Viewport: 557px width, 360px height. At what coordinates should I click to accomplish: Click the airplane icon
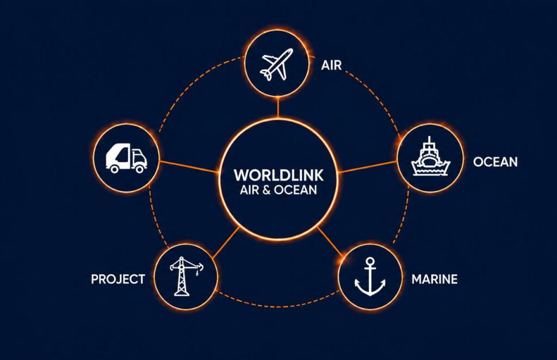[x=277, y=64]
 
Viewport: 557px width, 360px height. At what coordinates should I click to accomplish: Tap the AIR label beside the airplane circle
[x=331, y=65]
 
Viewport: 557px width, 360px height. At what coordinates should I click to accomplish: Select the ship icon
[x=431, y=157]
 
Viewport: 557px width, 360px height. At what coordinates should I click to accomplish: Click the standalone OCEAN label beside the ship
[x=495, y=162]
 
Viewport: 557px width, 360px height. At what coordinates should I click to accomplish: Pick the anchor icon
[x=370, y=277]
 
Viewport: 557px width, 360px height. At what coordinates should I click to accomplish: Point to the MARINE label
[x=435, y=280]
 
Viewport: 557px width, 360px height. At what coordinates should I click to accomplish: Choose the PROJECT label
[x=118, y=280]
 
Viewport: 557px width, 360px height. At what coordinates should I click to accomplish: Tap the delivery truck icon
[x=126, y=158]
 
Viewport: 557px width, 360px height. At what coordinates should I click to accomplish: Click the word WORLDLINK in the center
[x=278, y=175]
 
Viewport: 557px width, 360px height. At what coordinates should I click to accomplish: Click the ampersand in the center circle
[x=267, y=190]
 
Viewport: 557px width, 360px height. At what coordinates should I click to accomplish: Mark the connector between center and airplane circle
[x=278, y=107]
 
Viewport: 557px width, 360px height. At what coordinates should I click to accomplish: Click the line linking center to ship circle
[x=368, y=167]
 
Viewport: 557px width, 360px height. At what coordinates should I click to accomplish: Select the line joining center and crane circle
[x=226, y=243]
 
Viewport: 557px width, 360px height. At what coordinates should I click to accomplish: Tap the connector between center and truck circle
[x=188, y=167]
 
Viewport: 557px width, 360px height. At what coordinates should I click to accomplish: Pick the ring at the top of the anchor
[x=370, y=262]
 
